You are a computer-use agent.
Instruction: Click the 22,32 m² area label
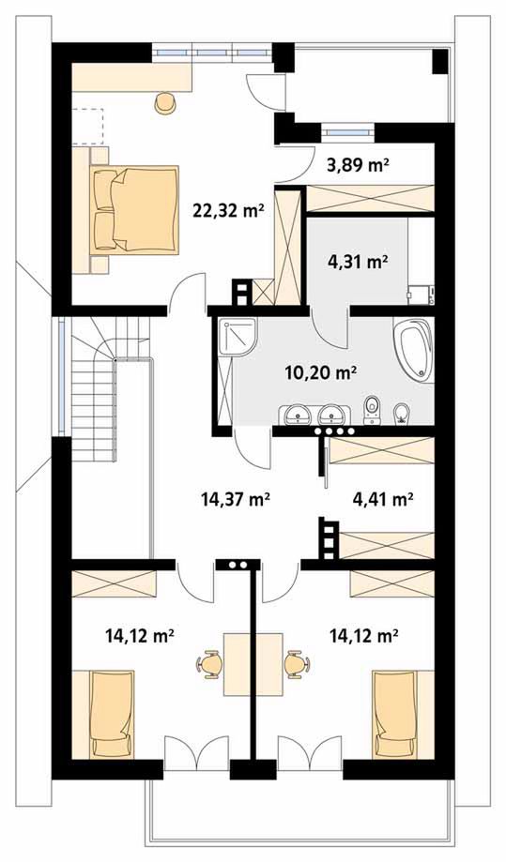point(226,210)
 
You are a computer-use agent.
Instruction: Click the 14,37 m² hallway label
point(235,499)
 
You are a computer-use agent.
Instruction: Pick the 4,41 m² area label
point(382,499)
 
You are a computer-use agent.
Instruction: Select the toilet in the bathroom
point(373,410)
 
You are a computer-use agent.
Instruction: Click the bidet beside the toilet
point(402,414)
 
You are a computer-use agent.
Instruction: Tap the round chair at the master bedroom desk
point(165,102)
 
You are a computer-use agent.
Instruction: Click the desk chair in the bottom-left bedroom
point(209,664)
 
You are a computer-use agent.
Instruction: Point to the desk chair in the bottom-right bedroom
point(298,664)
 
